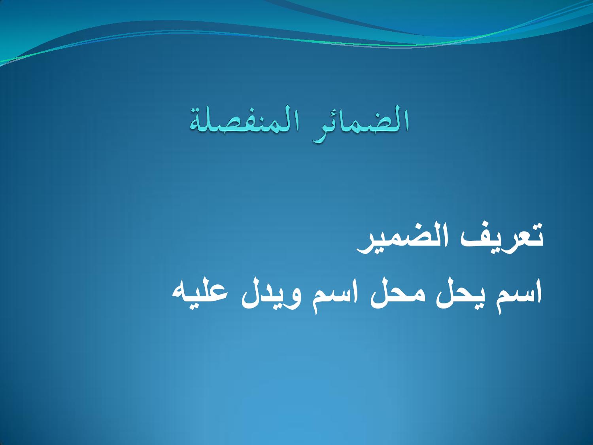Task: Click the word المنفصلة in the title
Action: [245, 121]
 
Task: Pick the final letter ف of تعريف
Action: [459, 239]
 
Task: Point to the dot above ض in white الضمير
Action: [411, 227]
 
